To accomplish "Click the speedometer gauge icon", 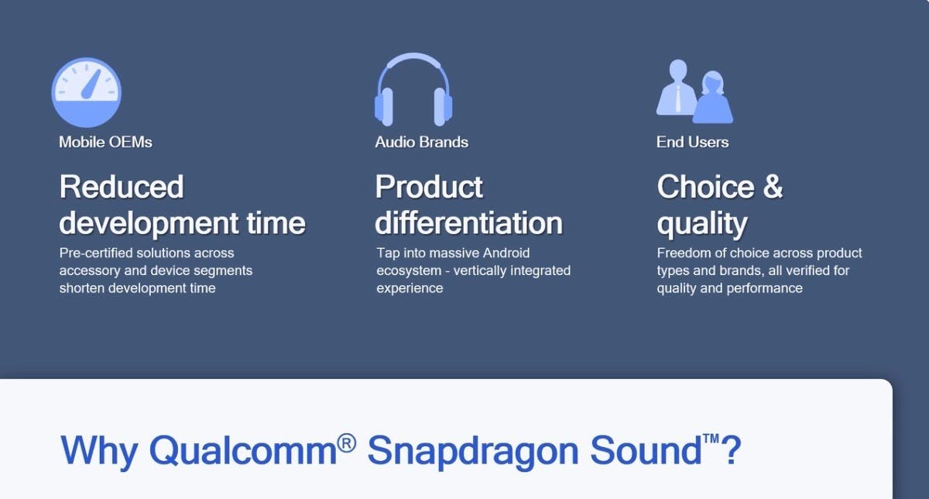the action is (x=86, y=92).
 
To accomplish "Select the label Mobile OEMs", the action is (x=105, y=142).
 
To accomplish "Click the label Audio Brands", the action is (x=421, y=142).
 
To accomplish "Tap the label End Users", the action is (x=692, y=142).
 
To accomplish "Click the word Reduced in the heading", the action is (x=121, y=187).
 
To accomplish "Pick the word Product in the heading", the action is (x=429, y=187).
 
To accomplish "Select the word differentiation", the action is (x=468, y=223).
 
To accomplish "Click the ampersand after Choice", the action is (x=773, y=187).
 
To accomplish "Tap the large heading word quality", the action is (x=701, y=225).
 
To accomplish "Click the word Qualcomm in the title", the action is (x=242, y=450).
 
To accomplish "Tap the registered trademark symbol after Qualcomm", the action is (x=346, y=443).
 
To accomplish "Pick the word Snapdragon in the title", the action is (x=473, y=453).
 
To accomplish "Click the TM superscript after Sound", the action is (x=711, y=439).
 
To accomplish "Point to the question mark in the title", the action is (x=731, y=450).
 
